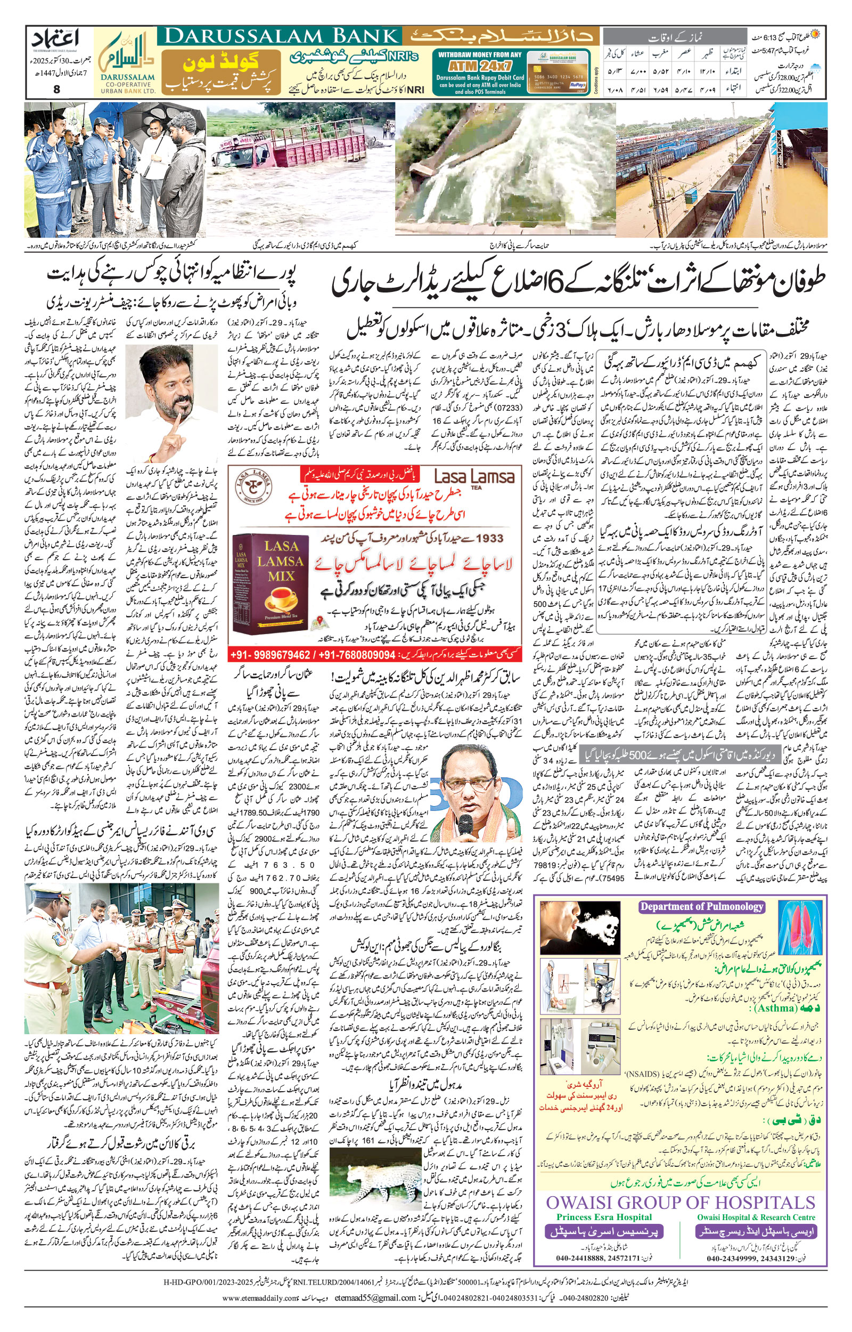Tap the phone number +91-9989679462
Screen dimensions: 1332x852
(x=272, y=655)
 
